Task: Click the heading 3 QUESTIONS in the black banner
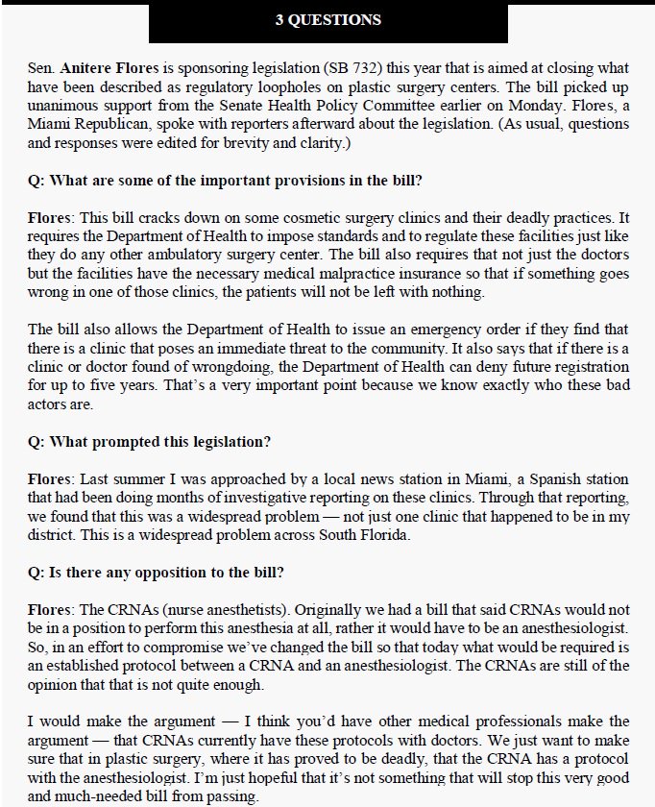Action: (327, 20)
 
